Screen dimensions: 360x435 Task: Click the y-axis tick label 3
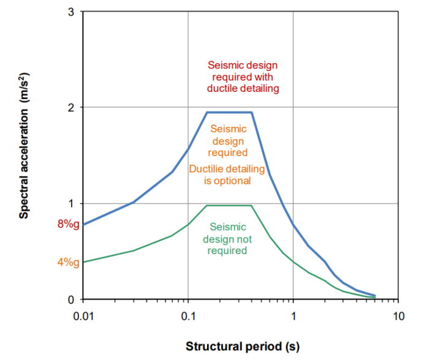(71, 12)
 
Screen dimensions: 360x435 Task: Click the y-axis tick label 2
(71, 107)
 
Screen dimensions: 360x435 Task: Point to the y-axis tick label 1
(71, 203)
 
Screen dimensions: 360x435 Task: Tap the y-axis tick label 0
(71, 299)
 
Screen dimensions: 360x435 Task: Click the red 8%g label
(69, 224)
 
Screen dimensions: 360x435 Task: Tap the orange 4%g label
(69, 263)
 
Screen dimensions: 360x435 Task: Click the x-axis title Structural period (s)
(242, 346)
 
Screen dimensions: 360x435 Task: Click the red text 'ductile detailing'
(243, 89)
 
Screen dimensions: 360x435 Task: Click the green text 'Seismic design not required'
(227, 239)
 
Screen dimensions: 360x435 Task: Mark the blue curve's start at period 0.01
(83, 224)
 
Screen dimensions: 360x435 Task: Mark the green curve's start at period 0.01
(83, 262)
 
